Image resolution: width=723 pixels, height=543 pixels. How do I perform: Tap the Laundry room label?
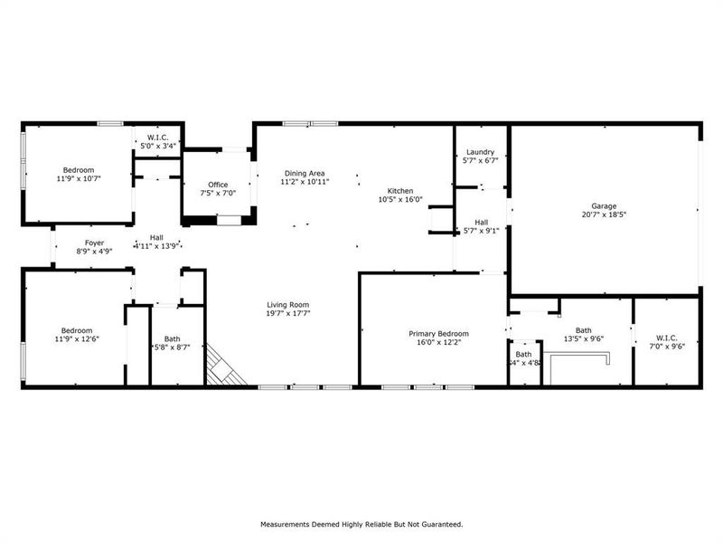click(480, 152)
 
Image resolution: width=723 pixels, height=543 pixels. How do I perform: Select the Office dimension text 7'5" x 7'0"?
click(218, 193)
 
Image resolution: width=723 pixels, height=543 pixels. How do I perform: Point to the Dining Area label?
click(305, 173)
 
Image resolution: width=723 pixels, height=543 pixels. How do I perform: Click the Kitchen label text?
click(400, 191)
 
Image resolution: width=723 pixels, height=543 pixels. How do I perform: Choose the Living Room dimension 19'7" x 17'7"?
click(288, 313)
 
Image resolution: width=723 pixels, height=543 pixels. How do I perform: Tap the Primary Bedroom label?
click(433, 333)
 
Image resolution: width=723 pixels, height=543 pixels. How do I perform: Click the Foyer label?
click(95, 243)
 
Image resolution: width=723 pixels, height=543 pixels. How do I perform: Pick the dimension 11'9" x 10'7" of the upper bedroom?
click(78, 178)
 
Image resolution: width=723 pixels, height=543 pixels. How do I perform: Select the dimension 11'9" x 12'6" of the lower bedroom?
click(77, 339)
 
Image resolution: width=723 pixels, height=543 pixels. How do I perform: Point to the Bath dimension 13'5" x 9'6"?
click(583, 338)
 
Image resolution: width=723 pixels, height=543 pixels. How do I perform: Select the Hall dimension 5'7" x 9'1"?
click(481, 231)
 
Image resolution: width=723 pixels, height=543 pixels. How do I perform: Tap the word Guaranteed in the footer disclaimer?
click(438, 524)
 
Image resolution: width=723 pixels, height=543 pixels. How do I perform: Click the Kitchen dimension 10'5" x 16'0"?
click(400, 200)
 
